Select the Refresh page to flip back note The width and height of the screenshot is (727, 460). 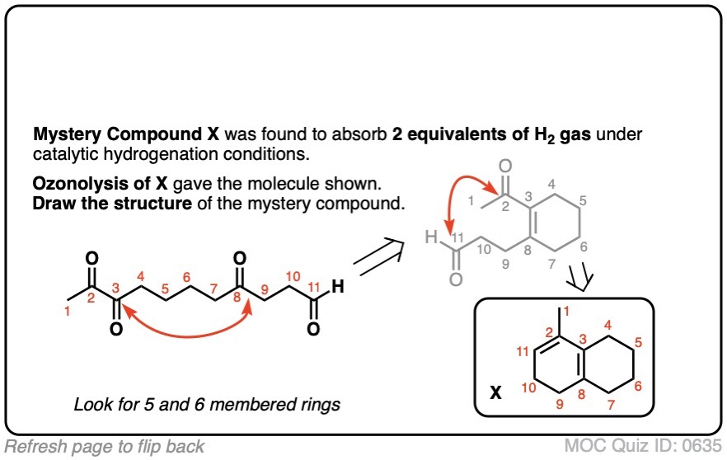click(105, 447)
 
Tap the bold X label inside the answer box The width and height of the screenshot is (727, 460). click(496, 393)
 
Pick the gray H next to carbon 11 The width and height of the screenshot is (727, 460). click(429, 239)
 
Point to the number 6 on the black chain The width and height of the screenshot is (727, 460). click(186, 276)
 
